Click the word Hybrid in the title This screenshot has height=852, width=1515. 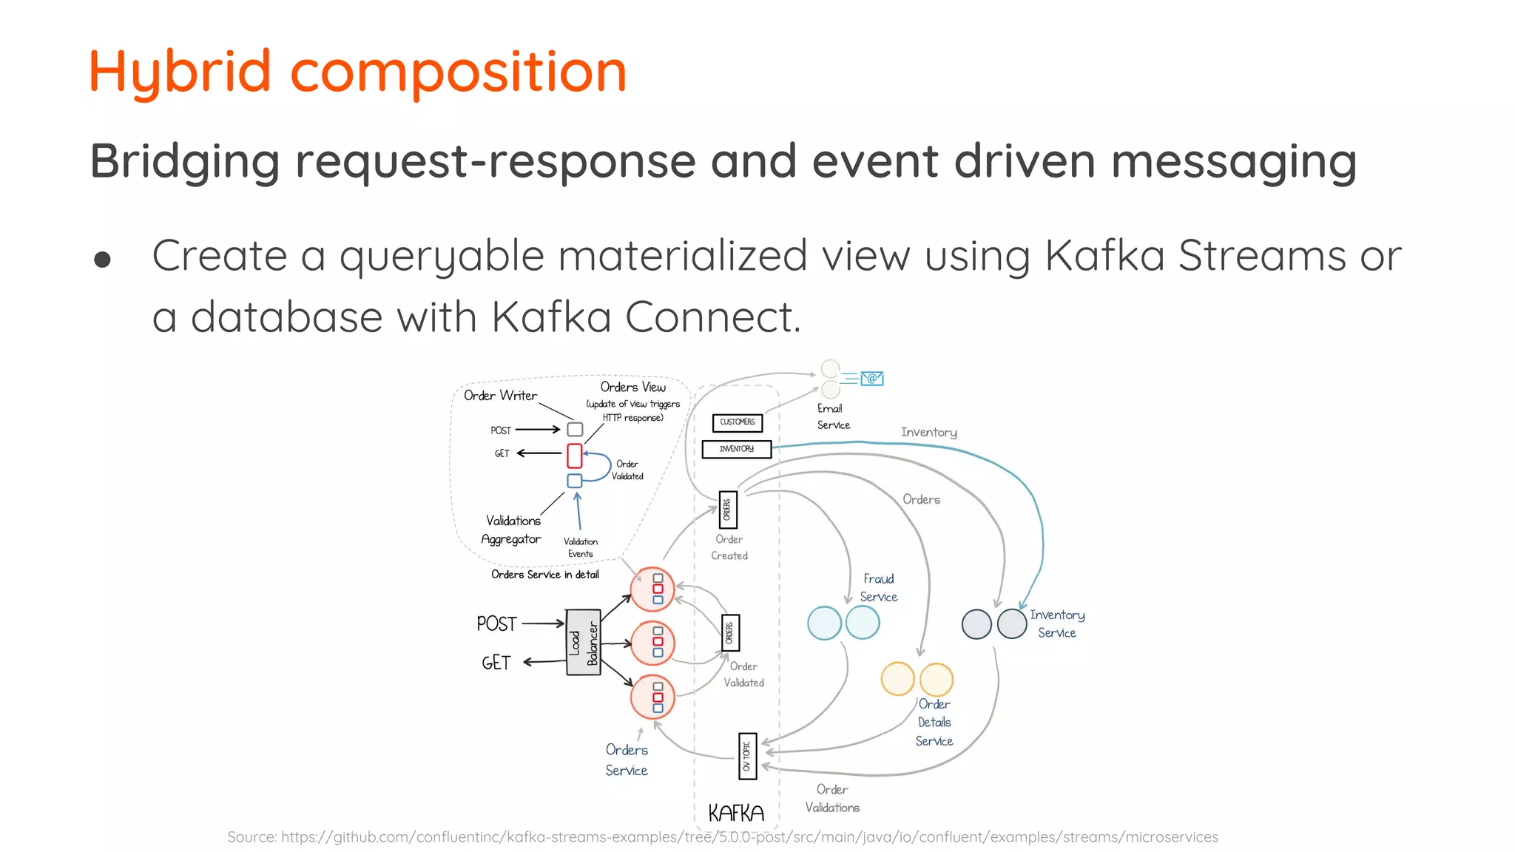pos(180,72)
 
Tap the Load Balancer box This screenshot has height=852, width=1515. pos(583,642)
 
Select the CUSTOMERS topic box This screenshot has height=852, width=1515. pos(737,422)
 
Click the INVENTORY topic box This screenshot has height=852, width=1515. pos(736,449)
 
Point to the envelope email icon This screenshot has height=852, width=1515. pos(872,379)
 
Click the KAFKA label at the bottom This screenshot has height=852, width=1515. pos(735,814)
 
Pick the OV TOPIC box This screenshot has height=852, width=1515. pos(747,756)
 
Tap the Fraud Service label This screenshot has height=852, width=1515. pos(878,588)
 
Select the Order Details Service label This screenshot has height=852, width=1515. pos(934,723)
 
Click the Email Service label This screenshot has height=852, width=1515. pos(833,416)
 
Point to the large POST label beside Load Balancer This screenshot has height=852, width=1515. pos(496,624)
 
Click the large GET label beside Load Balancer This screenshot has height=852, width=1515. pos(496,663)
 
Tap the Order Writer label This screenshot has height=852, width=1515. pos(500,396)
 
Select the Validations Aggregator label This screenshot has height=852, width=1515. pos(512,530)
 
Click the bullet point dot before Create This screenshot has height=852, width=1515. pos(103,260)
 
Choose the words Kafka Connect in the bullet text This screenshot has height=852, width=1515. pos(645,317)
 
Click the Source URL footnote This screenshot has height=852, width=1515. pos(722,836)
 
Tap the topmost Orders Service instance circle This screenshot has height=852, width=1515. pos(652,589)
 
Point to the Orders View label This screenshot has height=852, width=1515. pos(632,387)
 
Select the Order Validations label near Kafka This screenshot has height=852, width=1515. pos(832,799)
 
